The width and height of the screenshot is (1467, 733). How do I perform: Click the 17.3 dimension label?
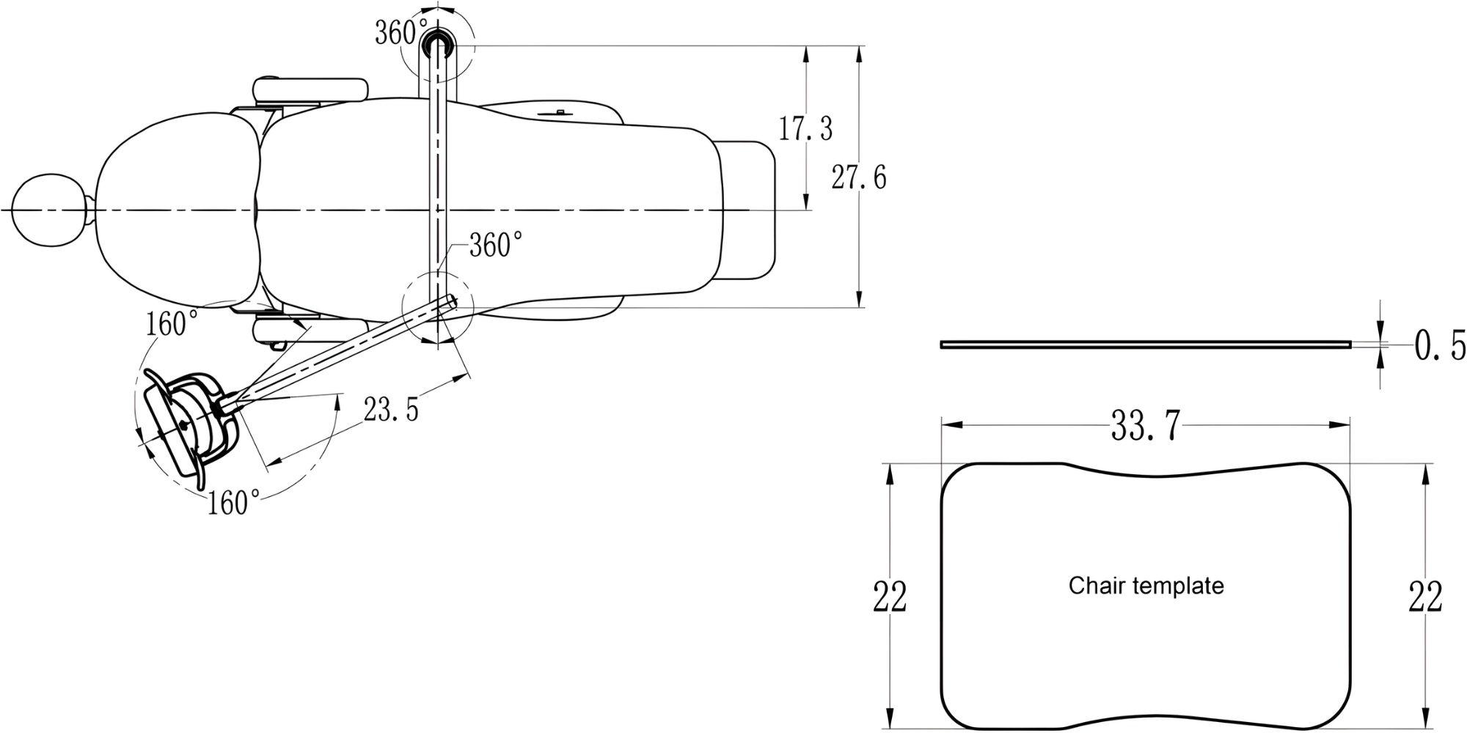tap(805, 129)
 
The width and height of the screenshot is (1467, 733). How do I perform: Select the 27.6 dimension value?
tap(859, 177)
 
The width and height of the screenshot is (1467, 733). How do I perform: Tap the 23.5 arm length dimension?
tap(391, 410)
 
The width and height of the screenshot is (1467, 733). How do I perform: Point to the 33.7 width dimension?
tap(1145, 425)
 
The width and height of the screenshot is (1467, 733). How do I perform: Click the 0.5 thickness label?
tap(1440, 346)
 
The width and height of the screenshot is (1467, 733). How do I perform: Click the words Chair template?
tap(1146, 586)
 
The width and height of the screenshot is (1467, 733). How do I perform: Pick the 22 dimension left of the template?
tap(890, 596)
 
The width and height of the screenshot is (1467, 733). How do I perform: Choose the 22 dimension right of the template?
tap(1425, 596)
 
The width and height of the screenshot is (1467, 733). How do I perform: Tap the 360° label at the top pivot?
tap(401, 32)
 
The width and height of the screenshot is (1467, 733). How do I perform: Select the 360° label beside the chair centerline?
tap(496, 246)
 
